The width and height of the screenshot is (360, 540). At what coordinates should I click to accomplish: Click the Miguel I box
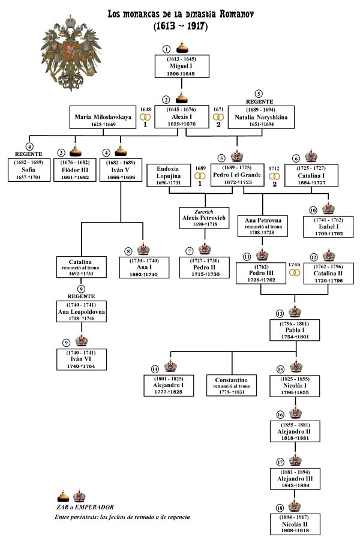[182, 66]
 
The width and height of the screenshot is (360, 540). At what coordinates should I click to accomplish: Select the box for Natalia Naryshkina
[261, 117]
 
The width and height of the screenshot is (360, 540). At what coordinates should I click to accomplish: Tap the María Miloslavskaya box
[103, 117]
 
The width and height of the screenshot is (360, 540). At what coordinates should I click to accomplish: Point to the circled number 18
[280, 508]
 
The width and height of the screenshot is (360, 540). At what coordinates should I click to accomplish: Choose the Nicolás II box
[295, 524]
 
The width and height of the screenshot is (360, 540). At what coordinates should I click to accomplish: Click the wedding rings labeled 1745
[295, 273]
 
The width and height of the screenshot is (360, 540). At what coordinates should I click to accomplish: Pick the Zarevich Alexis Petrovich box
[204, 218]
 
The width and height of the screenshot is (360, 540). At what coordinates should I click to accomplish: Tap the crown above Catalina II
[329, 256]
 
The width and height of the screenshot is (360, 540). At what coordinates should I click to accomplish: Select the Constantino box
[232, 385]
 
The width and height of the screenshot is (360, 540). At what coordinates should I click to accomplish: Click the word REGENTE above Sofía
[29, 154]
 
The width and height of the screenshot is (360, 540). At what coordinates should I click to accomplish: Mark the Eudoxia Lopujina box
[169, 175]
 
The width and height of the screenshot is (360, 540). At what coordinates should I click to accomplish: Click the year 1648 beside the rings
[145, 110]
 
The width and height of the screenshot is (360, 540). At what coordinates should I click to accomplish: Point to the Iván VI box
[82, 359]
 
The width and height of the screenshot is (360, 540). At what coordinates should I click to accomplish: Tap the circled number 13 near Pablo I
[280, 314]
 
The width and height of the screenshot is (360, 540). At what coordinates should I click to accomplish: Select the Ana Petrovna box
[263, 226]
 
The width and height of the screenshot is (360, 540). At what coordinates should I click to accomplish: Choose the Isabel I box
[328, 227]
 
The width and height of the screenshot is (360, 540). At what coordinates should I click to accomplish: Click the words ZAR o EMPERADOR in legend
[85, 507]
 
